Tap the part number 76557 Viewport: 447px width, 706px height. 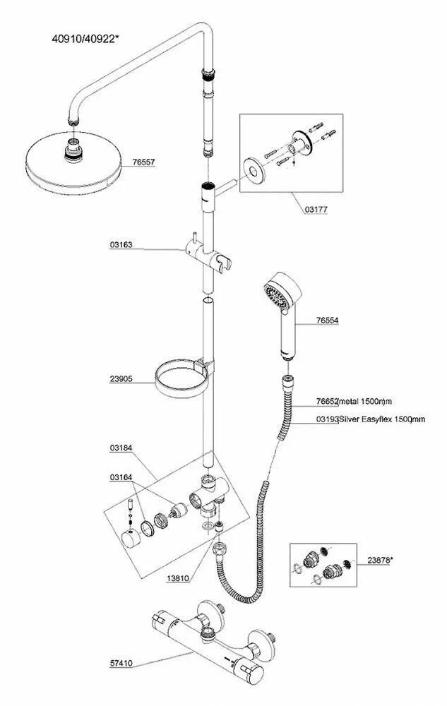click(143, 162)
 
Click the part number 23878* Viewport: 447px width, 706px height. click(380, 560)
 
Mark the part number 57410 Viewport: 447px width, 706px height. click(121, 663)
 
